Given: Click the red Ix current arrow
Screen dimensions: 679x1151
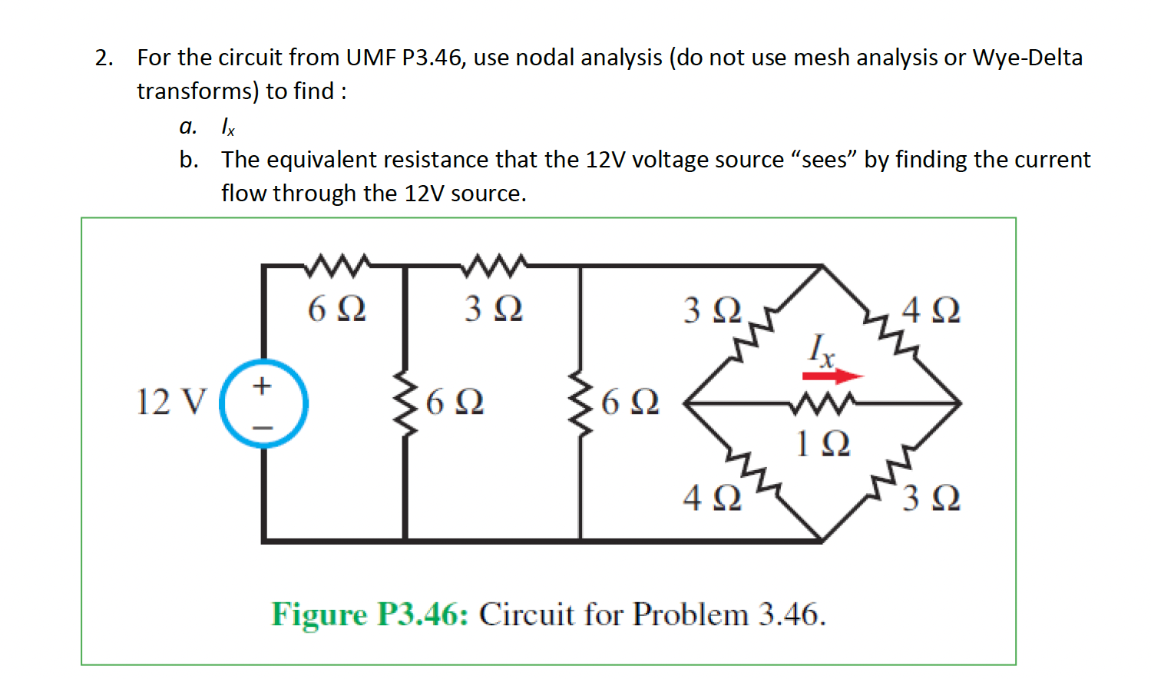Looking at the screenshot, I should [x=832, y=376].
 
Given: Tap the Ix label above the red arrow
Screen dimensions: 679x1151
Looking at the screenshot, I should [x=822, y=349].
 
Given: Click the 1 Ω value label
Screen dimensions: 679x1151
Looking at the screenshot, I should [x=822, y=444].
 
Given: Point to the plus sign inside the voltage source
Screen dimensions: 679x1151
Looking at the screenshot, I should [x=263, y=385].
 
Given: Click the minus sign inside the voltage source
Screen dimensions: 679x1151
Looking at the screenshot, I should [x=263, y=426].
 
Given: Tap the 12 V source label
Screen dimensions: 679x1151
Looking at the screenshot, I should [x=170, y=402].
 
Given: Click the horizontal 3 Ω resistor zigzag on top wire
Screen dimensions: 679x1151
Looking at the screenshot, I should [x=494, y=265].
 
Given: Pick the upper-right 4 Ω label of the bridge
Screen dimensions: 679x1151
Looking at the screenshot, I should [x=931, y=310].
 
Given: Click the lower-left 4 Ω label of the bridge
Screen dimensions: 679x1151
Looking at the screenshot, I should [x=712, y=498].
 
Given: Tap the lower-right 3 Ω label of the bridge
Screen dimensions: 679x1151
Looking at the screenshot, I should [x=931, y=498].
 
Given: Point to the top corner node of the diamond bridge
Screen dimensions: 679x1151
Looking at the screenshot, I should [x=822, y=267].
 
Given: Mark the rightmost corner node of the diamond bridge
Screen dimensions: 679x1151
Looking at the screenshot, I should [x=960, y=402].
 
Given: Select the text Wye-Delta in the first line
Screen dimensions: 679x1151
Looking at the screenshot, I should [x=1027, y=58].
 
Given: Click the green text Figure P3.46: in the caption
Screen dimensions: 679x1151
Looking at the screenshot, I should [x=369, y=614].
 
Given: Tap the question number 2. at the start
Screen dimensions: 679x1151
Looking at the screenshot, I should [x=104, y=58].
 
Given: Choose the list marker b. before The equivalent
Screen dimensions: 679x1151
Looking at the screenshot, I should [x=188, y=160].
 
